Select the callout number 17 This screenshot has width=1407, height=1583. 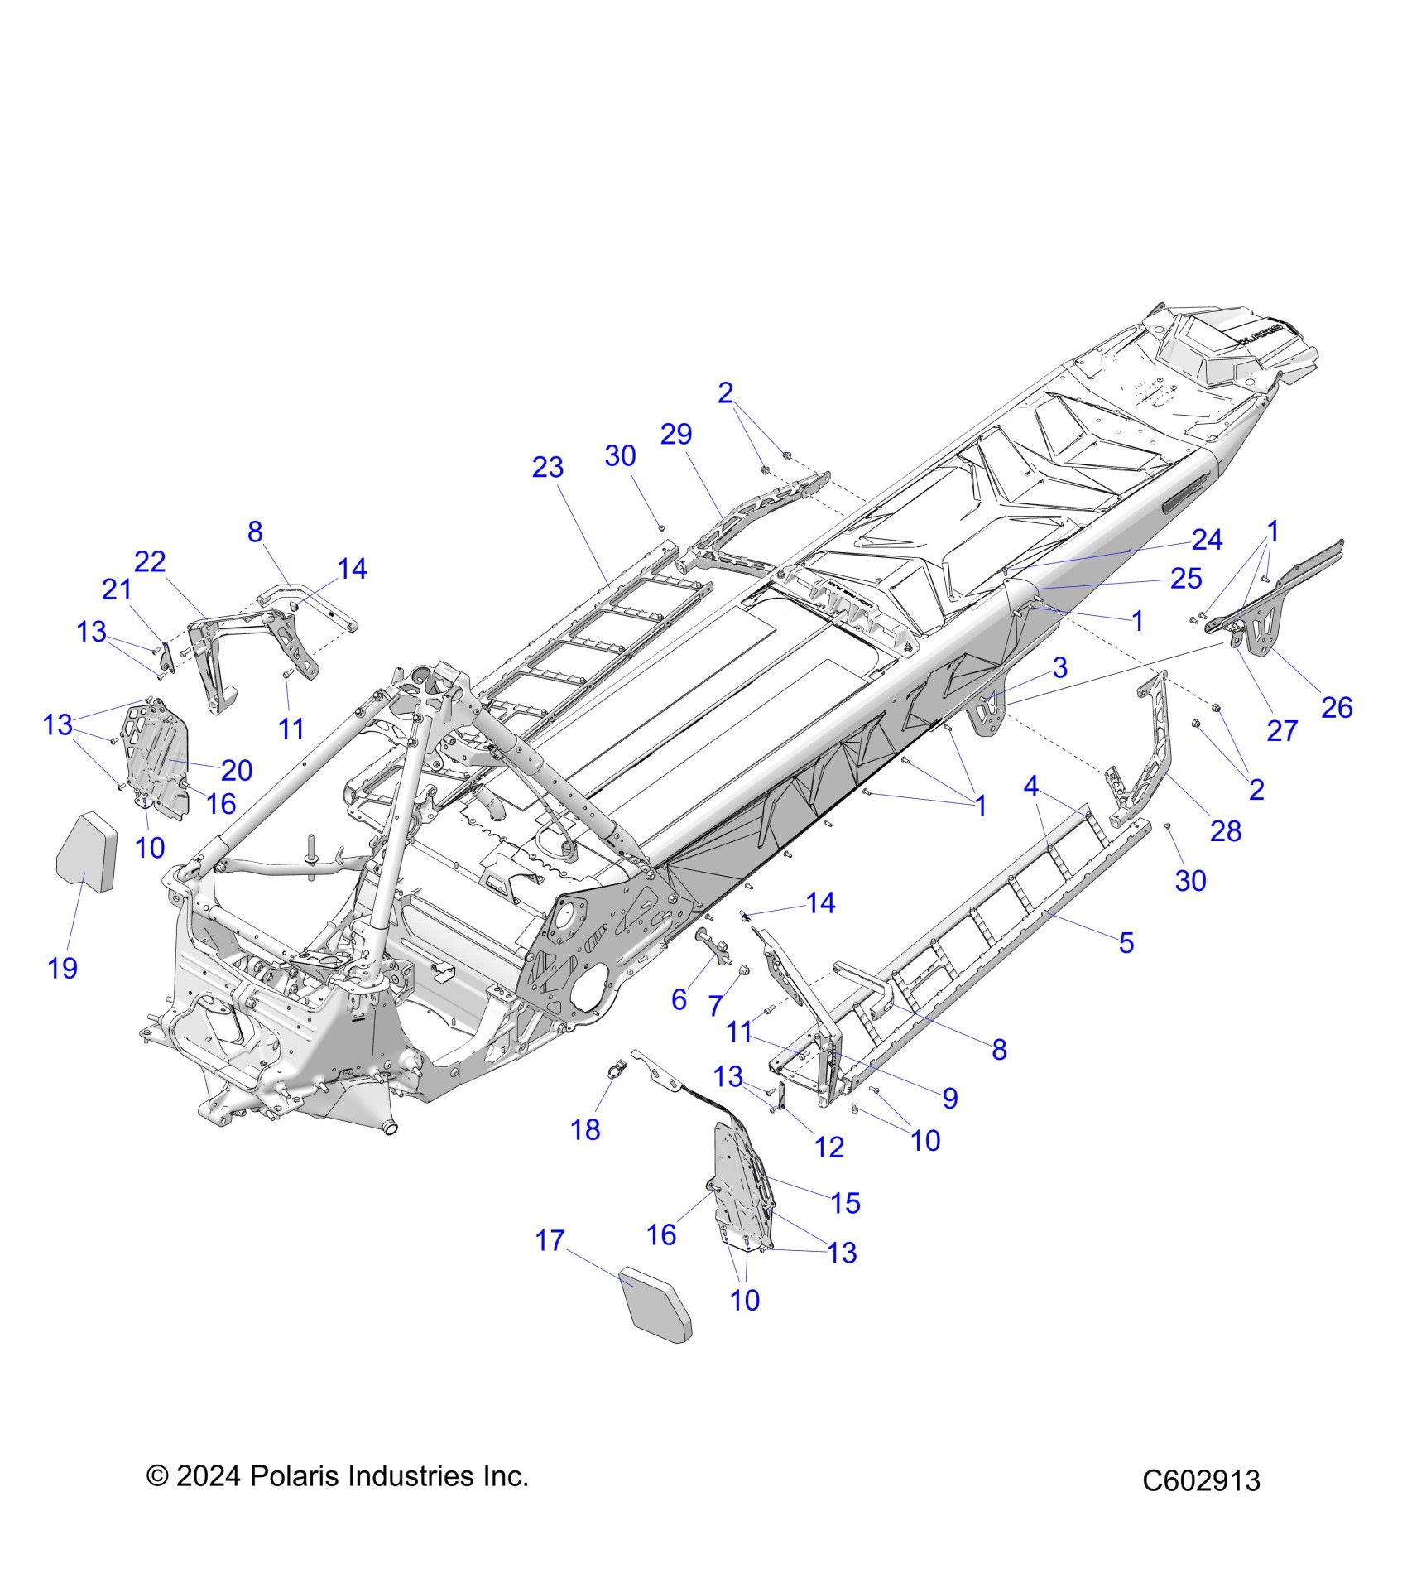tap(550, 1264)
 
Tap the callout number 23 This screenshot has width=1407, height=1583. tap(547, 468)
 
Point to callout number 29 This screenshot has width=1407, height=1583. tap(676, 434)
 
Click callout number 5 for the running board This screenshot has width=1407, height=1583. tap(1126, 942)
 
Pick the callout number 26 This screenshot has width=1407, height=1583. tap(1337, 707)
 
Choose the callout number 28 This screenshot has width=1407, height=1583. tap(1226, 831)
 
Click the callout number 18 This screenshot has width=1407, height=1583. tap(585, 1129)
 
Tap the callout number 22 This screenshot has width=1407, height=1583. tap(150, 562)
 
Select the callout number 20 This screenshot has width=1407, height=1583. tap(237, 770)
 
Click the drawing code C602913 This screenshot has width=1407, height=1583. tap(1201, 1480)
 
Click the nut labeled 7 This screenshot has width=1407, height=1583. tap(742, 970)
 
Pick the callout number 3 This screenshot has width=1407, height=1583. tap(1059, 667)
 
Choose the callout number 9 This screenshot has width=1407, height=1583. tap(950, 1098)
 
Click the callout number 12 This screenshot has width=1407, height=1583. tap(829, 1147)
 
